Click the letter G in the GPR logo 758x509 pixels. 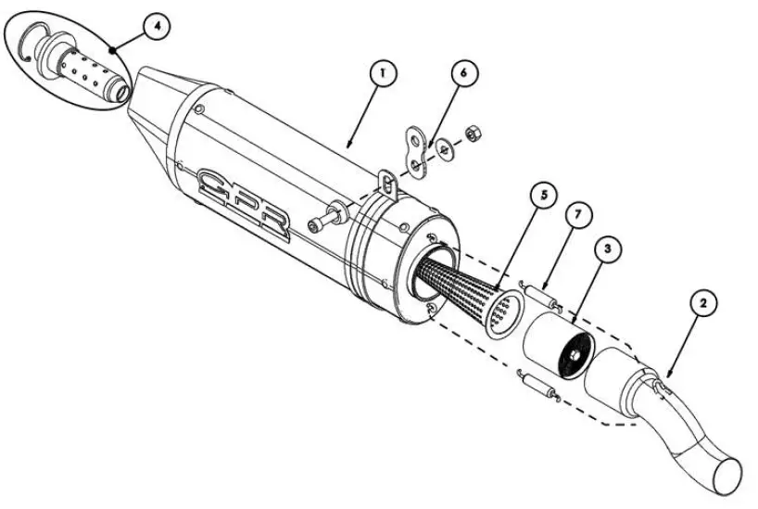point(218,184)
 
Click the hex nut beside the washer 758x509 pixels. point(470,134)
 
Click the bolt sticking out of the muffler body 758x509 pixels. point(324,223)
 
